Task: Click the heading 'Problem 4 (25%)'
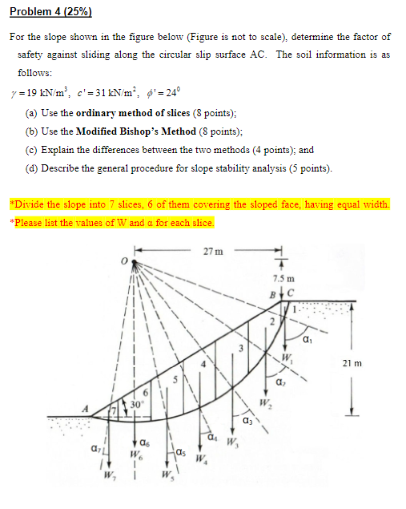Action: point(50,12)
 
